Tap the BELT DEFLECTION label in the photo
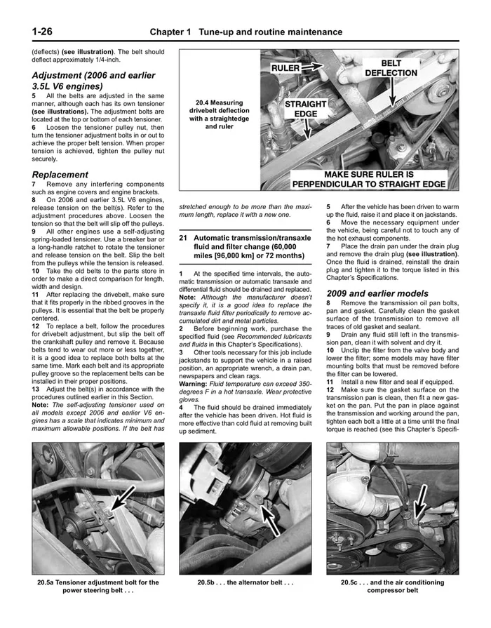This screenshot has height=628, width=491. click(391, 68)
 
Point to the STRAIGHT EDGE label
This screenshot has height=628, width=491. click(306, 109)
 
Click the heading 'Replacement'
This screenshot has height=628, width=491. click(60, 174)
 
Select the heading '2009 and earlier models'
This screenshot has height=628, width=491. click(377, 293)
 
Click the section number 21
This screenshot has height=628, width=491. click(184, 239)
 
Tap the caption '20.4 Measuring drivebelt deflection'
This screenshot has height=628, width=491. click(220, 114)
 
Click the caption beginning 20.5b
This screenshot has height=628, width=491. click(245, 582)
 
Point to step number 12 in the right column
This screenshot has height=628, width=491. click(331, 389)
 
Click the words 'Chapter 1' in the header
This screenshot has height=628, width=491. click(171, 32)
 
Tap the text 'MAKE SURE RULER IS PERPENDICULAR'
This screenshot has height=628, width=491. click(369, 179)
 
